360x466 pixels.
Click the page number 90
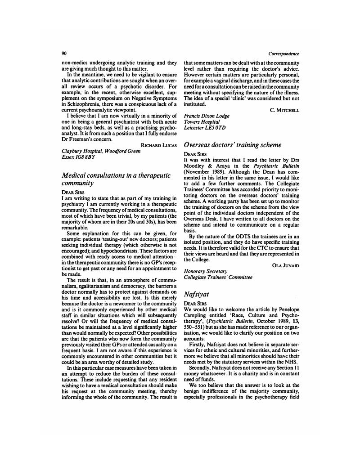pyautogui.click(x=64, y=54)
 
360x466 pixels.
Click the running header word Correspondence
pyautogui.click(x=283, y=54)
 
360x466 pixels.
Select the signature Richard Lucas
pyautogui.click(x=159, y=145)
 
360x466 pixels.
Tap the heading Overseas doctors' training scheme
pyautogui.click(x=232, y=145)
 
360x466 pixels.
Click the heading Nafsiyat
pyautogui.click(x=197, y=294)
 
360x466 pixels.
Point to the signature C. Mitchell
pyautogui.click(x=284, y=110)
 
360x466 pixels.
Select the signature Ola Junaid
pyautogui.click(x=286, y=265)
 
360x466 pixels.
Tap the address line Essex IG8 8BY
pyautogui.click(x=78, y=157)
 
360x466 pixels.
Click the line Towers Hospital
pyautogui.click(x=202, y=122)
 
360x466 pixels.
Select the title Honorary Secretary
pyautogui.click(x=206, y=271)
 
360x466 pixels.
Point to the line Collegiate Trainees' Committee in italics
pyautogui.click(x=218, y=277)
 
